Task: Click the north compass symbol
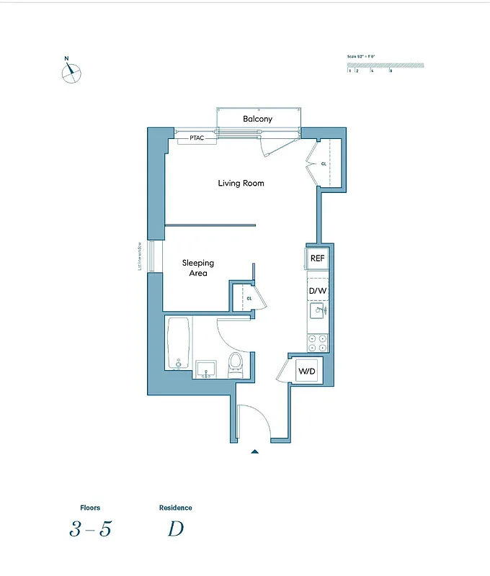tap(71, 72)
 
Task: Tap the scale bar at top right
tap(386, 66)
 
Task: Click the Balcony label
tap(257, 119)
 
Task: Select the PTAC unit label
tap(198, 138)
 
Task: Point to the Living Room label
tap(241, 184)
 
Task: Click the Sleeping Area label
tap(197, 268)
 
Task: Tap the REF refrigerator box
tap(317, 258)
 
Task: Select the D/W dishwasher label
tap(318, 291)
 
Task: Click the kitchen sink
tap(318, 311)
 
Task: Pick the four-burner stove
tap(318, 342)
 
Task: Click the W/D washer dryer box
tap(307, 372)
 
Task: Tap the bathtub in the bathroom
tap(178, 343)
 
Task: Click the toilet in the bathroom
tap(236, 365)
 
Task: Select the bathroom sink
tap(206, 369)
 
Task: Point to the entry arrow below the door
tap(254, 451)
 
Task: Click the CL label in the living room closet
tap(324, 163)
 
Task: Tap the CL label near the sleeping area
tap(249, 297)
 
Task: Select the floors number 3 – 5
tap(91, 529)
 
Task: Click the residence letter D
tap(175, 529)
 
